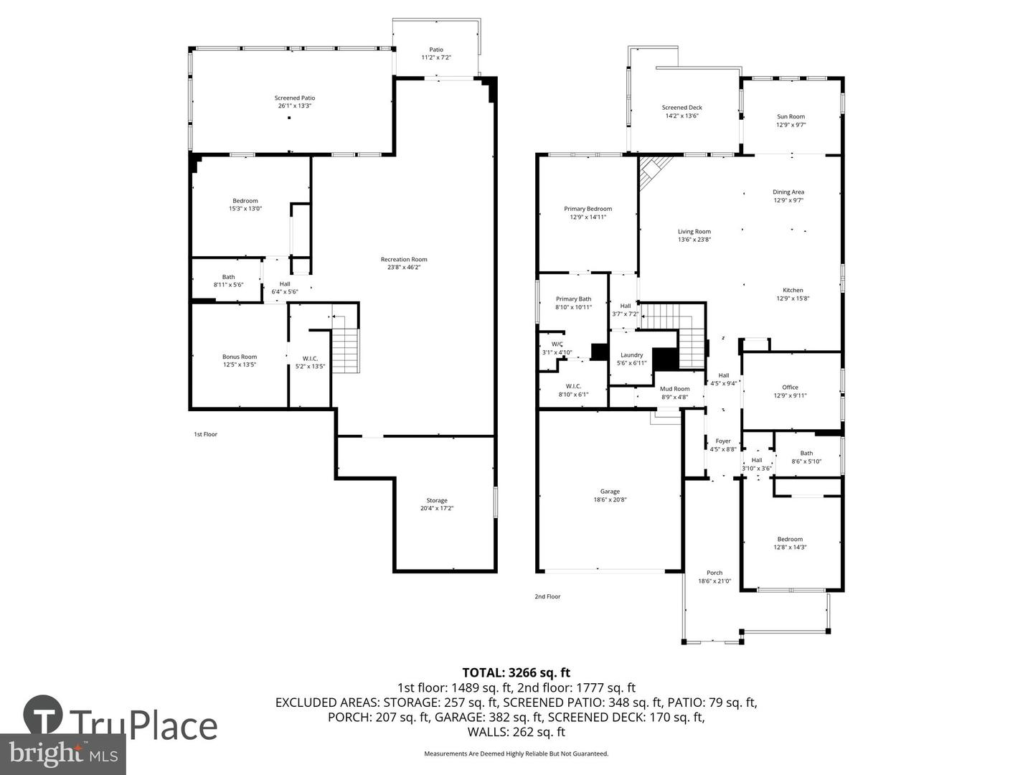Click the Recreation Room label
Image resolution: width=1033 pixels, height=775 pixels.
point(404,259)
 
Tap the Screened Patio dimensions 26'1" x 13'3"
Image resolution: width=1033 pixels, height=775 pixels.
point(294,106)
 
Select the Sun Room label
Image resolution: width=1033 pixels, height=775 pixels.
point(791,116)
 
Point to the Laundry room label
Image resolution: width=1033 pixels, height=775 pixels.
point(631,355)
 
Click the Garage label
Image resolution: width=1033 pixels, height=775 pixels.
point(610,492)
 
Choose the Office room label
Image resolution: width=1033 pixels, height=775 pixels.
point(790,387)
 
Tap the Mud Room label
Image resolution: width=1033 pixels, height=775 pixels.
point(674,389)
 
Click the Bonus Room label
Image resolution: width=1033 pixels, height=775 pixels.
point(239,357)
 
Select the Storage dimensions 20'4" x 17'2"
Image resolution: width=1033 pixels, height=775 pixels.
point(437,509)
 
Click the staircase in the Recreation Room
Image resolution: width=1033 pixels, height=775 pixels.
point(345,350)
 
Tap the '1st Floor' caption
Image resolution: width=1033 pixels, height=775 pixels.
point(205,434)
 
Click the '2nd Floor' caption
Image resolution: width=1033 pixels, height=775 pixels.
point(547,596)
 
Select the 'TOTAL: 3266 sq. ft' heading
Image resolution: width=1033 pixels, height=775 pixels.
point(516,672)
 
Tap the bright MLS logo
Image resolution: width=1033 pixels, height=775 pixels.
point(63,753)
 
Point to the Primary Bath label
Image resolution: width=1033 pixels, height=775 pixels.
point(573,299)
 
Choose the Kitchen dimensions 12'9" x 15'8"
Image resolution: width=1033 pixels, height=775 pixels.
point(793,299)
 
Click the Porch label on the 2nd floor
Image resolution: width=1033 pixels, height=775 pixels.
point(714,573)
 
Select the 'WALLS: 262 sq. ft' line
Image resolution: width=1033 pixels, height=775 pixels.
point(516,732)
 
